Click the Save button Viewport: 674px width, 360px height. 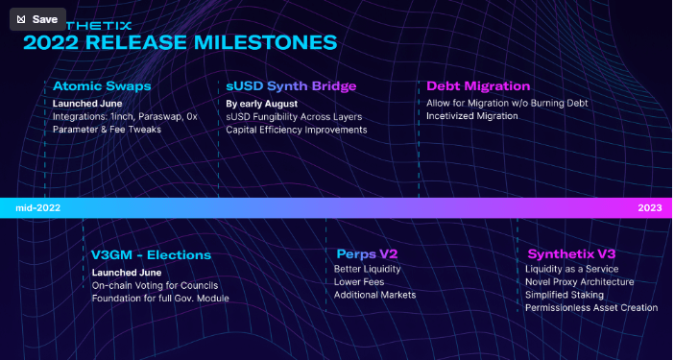[37, 19]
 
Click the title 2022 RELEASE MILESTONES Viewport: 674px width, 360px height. [180, 42]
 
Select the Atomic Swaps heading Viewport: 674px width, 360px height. [102, 85]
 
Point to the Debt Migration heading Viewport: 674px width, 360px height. [478, 85]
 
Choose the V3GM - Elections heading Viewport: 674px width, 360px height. [151, 254]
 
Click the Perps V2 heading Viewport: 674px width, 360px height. [367, 254]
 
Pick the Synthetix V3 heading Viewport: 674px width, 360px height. [571, 254]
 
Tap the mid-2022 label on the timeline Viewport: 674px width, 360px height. [38, 207]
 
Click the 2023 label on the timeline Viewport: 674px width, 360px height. [650, 207]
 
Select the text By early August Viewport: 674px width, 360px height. [262, 103]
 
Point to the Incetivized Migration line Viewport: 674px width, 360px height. [472, 116]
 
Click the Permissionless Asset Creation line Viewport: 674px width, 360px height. [592, 308]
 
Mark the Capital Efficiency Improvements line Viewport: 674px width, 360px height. [296, 130]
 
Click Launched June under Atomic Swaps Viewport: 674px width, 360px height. [87, 103]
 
